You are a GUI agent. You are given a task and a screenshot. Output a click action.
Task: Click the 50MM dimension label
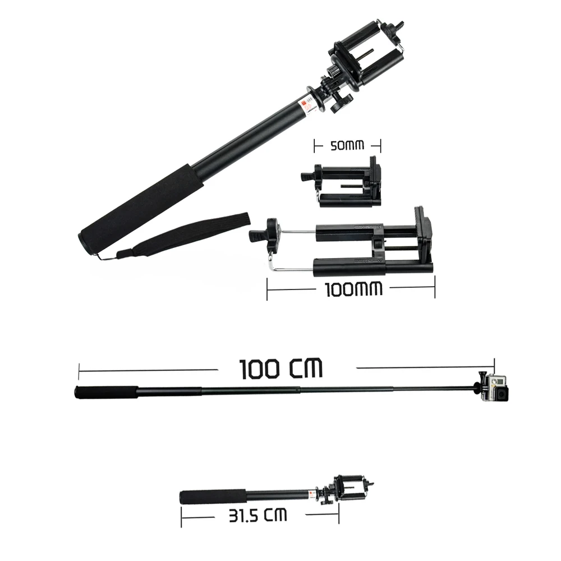(347, 145)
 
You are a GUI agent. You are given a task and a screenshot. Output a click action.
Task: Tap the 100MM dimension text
(353, 289)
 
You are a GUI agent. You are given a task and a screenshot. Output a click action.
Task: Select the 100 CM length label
(280, 369)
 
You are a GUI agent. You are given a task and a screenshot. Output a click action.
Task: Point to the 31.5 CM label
(258, 515)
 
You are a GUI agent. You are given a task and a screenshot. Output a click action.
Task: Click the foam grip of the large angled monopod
(140, 209)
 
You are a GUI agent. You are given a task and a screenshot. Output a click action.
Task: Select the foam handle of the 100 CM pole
(106, 393)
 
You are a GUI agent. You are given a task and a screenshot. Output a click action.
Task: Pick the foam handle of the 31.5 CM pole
(213, 497)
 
